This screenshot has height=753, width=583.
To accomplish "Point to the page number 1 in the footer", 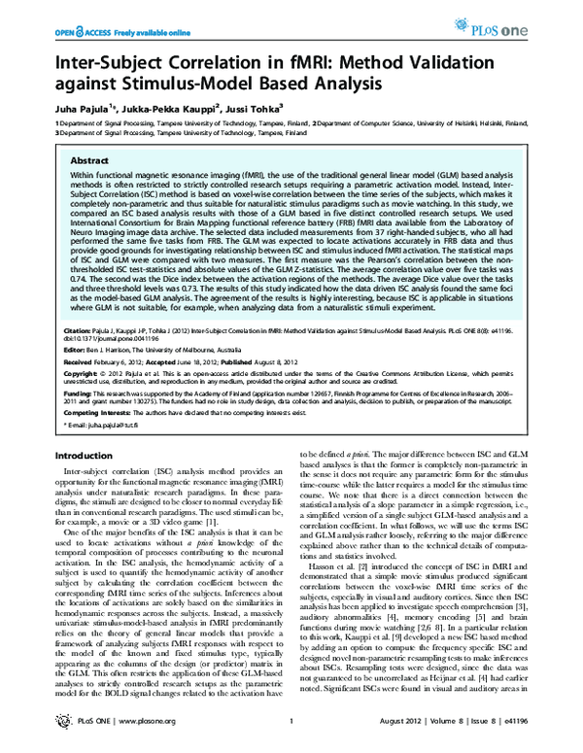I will (291, 735).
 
